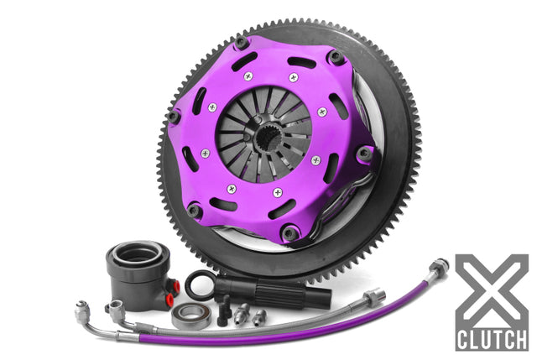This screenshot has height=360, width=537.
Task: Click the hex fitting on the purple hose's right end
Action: [436, 270]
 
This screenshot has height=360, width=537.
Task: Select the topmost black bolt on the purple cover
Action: [242, 43]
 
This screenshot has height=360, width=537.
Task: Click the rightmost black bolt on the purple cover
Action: [364, 154]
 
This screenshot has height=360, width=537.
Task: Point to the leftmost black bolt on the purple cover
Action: [174, 118]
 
